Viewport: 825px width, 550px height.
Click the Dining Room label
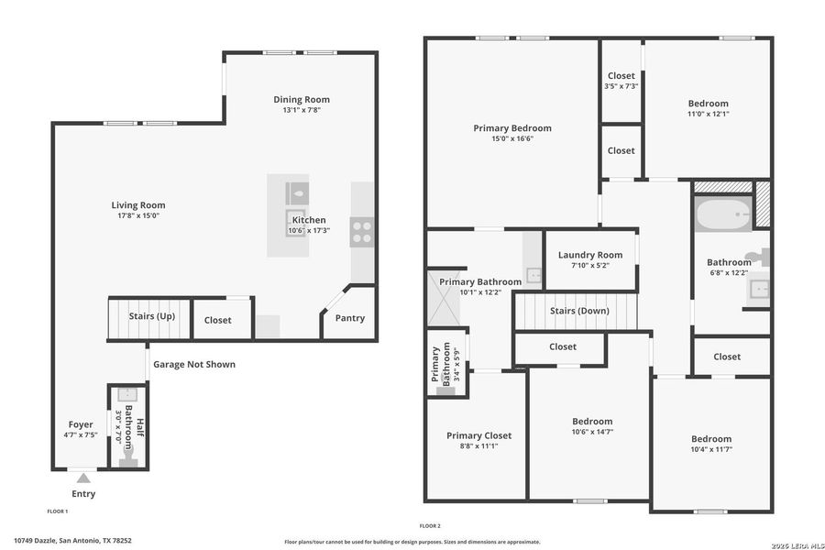302,99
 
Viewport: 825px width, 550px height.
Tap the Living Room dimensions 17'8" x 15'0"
138,216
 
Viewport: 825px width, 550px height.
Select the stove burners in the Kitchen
362,231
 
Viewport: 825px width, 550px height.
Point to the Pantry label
349,318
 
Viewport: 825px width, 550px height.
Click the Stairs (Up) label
151,316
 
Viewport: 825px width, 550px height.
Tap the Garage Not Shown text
193,364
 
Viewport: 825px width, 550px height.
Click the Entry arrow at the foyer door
83,478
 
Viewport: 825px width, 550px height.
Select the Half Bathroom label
135,430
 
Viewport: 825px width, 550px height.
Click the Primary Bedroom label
512,128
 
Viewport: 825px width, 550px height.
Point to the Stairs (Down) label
579,311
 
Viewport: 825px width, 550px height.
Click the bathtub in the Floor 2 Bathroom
723,215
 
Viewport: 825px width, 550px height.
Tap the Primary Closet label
478,435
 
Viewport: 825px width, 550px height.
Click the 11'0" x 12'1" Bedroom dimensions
709,114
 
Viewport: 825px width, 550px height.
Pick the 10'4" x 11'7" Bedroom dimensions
711,449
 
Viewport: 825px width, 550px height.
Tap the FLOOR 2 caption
430,525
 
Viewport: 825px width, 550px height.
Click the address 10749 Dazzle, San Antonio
72,540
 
